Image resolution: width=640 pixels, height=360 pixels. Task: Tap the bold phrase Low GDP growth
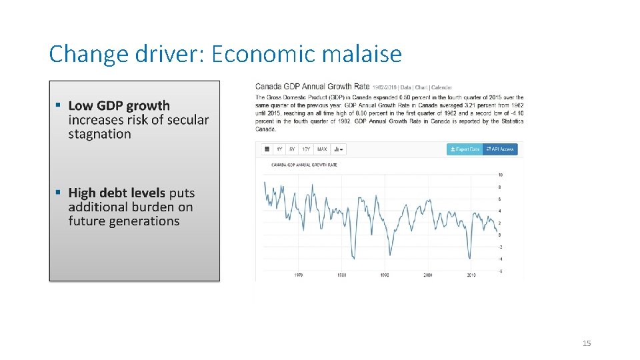tap(119, 105)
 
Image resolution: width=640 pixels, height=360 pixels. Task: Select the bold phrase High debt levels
tap(117, 193)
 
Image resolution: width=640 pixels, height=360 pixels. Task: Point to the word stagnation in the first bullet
tap(99, 134)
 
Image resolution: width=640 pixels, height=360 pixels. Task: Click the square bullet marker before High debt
tap(59, 192)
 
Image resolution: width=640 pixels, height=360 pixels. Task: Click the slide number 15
tap(587, 343)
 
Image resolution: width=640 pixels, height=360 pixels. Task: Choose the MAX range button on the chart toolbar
tap(322, 149)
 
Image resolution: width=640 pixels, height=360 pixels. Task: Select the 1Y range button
tap(279, 149)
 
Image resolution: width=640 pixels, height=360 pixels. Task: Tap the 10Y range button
tap(306, 149)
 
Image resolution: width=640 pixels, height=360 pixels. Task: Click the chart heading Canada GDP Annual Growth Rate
tap(312, 87)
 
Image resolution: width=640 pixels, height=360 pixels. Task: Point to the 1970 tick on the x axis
tap(299, 275)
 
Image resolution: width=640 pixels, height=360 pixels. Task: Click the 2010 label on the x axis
tap(471, 275)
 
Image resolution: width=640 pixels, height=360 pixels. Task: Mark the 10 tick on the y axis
tap(501, 175)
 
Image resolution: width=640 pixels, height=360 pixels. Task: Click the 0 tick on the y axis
tap(500, 235)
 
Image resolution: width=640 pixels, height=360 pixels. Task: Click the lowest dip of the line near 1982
tap(353, 259)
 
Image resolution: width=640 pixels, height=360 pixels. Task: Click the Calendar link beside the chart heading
tap(441, 87)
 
